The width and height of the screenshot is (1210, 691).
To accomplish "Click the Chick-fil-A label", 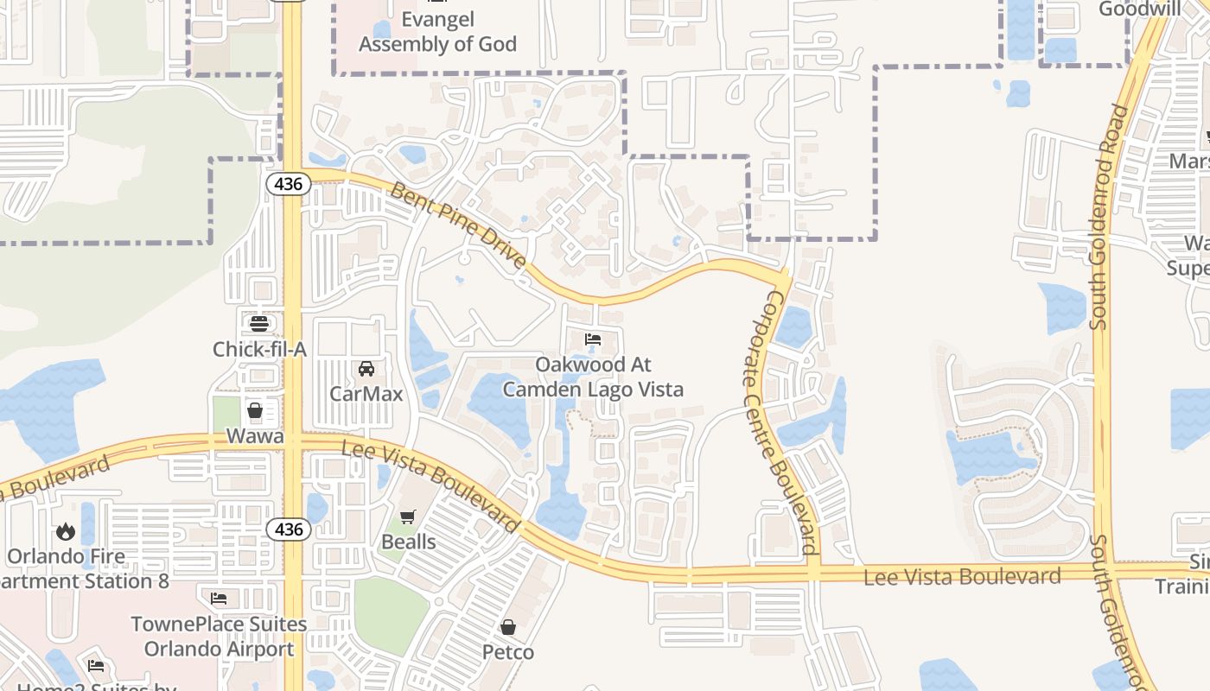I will (x=259, y=349).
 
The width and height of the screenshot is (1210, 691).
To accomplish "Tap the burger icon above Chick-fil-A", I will (x=259, y=325).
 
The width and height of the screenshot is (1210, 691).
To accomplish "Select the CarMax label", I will (x=366, y=394).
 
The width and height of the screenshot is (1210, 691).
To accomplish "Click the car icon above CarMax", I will (x=366, y=369).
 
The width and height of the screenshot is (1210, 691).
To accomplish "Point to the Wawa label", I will (x=255, y=436).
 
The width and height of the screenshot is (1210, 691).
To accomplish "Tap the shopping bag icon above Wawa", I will (x=255, y=409).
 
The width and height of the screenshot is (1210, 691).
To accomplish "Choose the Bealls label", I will (x=408, y=542).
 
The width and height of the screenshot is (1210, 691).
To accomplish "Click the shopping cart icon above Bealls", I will (x=408, y=517).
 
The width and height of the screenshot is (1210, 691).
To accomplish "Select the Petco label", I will (x=508, y=651).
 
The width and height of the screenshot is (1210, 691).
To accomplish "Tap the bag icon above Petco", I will (x=508, y=626).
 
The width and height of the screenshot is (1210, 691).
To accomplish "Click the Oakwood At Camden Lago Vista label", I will (x=593, y=377).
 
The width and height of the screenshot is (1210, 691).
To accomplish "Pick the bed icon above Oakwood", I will (x=593, y=339).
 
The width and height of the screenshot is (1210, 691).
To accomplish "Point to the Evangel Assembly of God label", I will (x=437, y=32).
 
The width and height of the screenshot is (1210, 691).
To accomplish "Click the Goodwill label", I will (x=1139, y=10).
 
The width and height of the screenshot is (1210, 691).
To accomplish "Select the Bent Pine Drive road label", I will (x=458, y=225).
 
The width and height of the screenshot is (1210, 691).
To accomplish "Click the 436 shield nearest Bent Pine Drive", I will (x=288, y=184).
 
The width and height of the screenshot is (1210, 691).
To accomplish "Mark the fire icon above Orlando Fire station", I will (x=66, y=531).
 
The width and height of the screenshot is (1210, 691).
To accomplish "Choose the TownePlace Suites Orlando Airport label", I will (x=219, y=636).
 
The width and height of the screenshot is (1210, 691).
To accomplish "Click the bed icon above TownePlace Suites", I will (x=219, y=598).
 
